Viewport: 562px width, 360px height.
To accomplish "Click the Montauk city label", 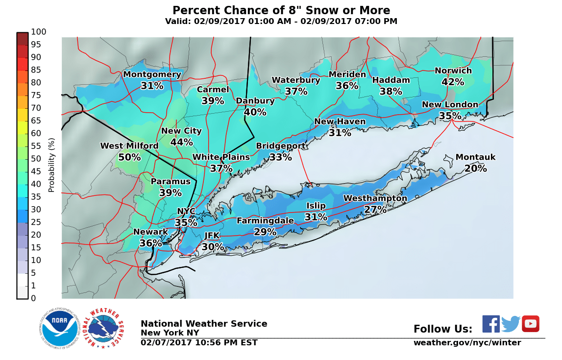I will pyautogui.click(x=475, y=157).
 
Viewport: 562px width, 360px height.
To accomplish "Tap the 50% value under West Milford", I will pyautogui.click(x=129, y=157).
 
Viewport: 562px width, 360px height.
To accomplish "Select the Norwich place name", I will pyautogui.click(x=453, y=71).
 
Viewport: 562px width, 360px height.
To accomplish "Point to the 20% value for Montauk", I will pyautogui.click(x=475, y=168).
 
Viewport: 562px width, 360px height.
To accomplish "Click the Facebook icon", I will pyautogui.click(x=491, y=324).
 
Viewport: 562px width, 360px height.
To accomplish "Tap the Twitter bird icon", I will pyautogui.click(x=511, y=324).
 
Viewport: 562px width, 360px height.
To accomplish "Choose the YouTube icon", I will pyautogui.click(x=530, y=324).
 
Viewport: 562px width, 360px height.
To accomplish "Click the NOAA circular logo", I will pyautogui.click(x=60, y=328).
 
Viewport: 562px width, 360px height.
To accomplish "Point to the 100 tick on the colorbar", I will pyautogui.click(x=38, y=32).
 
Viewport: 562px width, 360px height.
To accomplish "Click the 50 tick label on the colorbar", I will pyautogui.click(x=36, y=159).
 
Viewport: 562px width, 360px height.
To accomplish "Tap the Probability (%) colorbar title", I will pyautogui.click(x=51, y=165).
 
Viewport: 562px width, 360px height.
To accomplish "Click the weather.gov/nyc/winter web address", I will pyautogui.click(x=467, y=342).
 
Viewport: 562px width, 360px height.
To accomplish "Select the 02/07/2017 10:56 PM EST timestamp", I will pyautogui.click(x=199, y=342).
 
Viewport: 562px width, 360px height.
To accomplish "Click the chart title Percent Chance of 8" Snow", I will pyautogui.click(x=281, y=11).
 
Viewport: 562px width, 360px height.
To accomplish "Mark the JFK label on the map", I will pyautogui.click(x=212, y=236).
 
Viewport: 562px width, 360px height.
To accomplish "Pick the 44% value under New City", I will pyautogui.click(x=181, y=142).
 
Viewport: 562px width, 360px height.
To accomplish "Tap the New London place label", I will pyautogui.click(x=450, y=105).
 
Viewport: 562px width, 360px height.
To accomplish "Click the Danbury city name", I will pyautogui.click(x=255, y=101).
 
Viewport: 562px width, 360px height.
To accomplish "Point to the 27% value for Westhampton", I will pyautogui.click(x=375, y=210).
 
